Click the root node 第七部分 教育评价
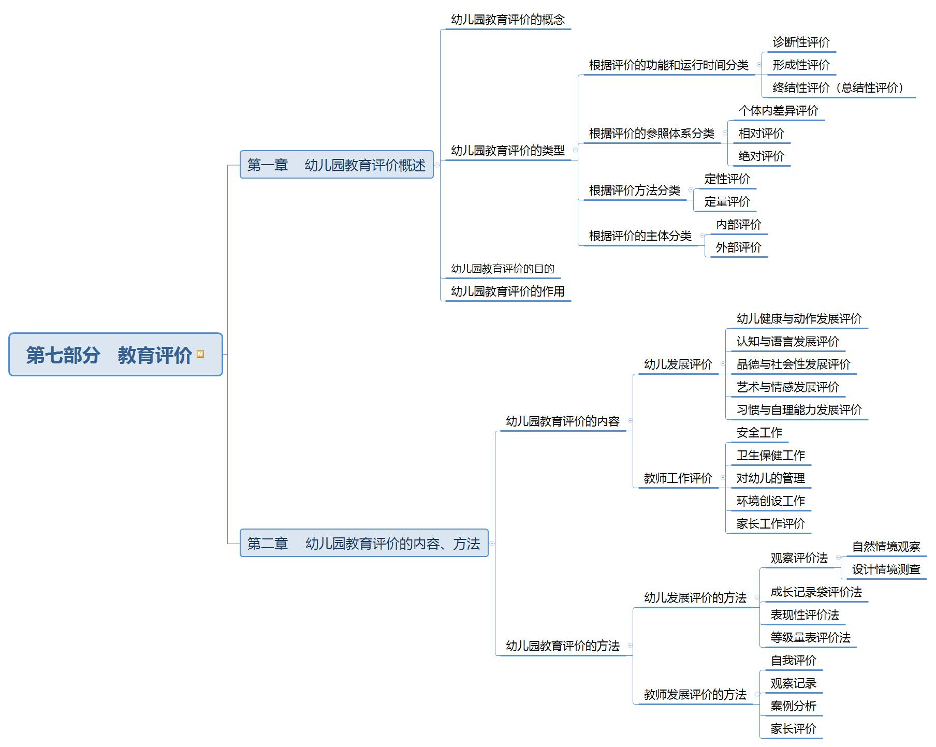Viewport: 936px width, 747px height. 109,355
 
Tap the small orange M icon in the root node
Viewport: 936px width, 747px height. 200,354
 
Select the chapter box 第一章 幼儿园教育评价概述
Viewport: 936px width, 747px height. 336,165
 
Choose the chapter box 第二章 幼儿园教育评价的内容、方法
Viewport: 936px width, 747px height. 363,543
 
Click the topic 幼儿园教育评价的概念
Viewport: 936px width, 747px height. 507,20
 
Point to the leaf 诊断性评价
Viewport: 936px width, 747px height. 801,42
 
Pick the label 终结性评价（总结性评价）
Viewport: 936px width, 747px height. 838,88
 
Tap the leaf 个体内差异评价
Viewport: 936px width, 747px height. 778,111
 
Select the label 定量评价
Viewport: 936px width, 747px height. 727,202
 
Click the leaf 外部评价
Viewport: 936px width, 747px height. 738,247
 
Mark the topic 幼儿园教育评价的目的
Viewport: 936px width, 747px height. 502,269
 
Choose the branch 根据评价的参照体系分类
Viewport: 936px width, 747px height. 651,134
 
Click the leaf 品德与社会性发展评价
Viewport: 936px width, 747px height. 793,364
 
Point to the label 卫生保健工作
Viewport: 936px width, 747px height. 770,456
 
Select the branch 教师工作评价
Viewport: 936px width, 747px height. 678,478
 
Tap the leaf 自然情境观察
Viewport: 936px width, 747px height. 886,547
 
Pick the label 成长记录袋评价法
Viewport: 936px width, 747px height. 816,592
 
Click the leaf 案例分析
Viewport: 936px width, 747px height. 793,706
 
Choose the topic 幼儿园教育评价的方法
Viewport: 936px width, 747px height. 562,646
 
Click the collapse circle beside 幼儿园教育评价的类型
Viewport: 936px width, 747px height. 575,150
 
